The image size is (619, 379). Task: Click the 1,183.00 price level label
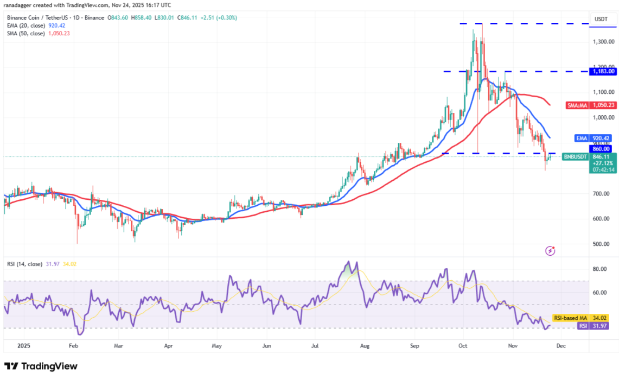click(603, 71)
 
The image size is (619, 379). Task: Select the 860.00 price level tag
click(602, 149)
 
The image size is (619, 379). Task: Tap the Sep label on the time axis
click(415, 345)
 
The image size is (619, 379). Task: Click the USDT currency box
click(601, 18)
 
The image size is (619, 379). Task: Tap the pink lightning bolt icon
click(551, 250)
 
